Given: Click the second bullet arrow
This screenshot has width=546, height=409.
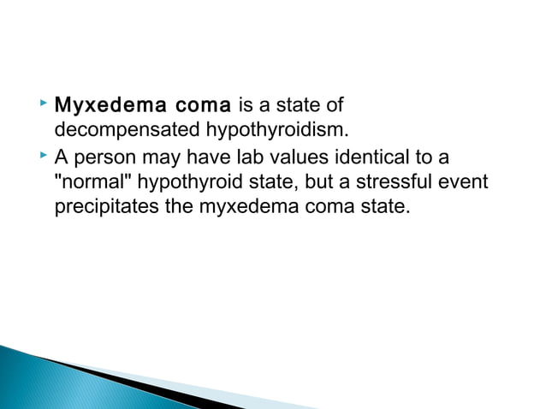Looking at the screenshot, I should point(44,155).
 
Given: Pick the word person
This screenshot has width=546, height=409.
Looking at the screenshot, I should point(103,157).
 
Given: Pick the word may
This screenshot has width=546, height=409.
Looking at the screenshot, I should point(157,157).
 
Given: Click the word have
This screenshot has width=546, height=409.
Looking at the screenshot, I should point(198,157).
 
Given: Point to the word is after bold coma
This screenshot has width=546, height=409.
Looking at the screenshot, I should point(246,107).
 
